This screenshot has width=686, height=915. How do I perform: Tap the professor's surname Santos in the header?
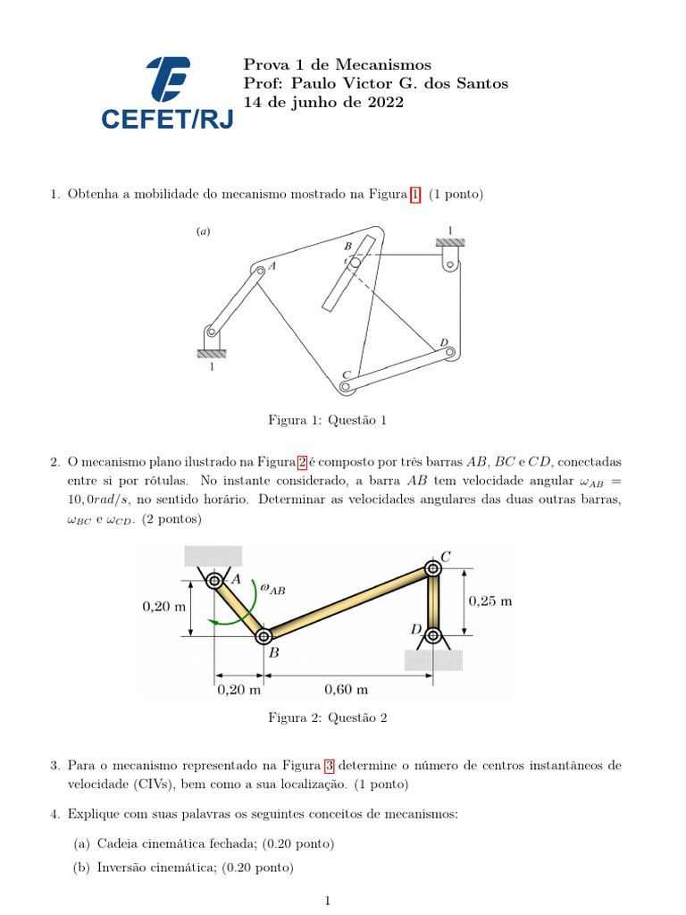[x=481, y=83]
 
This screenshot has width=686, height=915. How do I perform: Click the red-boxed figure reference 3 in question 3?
[x=329, y=766]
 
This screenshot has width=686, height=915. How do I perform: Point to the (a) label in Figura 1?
[x=204, y=231]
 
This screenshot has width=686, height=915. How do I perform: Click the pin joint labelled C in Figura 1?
[x=346, y=386]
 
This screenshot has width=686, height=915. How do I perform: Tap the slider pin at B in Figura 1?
[x=355, y=263]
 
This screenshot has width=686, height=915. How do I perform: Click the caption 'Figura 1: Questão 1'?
[x=328, y=420]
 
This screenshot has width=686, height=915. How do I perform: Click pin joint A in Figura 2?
[x=214, y=582]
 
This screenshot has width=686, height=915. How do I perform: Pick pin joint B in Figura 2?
[x=264, y=636]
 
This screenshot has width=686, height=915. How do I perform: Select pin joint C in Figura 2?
[x=433, y=568]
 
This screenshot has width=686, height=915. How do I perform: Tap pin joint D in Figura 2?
[x=433, y=636]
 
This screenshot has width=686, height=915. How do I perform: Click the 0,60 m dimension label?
[x=345, y=690]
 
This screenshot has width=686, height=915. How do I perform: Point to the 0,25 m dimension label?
[x=490, y=600]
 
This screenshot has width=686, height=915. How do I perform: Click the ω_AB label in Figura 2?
[x=272, y=588]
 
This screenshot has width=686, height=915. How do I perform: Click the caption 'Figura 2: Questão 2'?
[x=328, y=718]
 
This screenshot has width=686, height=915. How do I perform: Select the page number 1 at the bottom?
[x=329, y=902]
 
